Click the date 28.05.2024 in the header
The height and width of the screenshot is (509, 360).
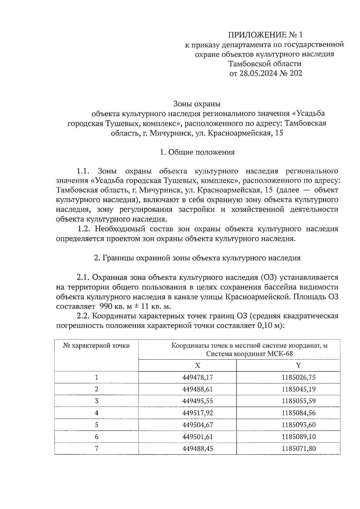(x=259, y=73)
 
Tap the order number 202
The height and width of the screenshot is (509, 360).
(x=296, y=73)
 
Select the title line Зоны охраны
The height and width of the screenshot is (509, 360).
(x=197, y=104)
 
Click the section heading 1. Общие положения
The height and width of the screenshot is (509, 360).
(x=197, y=152)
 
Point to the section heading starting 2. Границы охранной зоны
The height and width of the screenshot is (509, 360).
(x=197, y=258)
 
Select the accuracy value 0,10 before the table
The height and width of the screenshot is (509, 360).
(x=265, y=326)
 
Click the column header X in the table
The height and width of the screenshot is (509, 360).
(x=197, y=365)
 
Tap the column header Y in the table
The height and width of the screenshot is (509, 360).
(x=298, y=365)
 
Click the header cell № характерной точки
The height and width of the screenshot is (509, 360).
(x=97, y=346)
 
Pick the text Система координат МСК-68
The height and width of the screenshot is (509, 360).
(x=249, y=354)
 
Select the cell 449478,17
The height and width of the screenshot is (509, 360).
(x=197, y=377)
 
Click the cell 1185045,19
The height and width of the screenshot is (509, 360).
(x=298, y=389)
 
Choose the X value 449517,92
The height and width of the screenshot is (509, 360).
(x=197, y=413)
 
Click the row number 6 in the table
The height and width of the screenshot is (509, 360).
(x=97, y=437)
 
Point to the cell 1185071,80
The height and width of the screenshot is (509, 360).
(x=298, y=449)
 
